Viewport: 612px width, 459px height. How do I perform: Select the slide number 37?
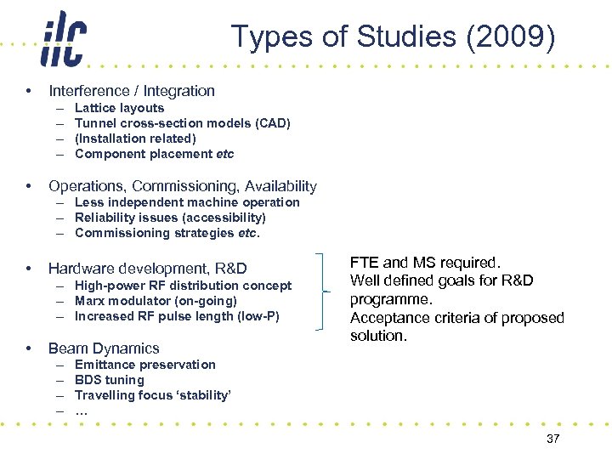click(553, 438)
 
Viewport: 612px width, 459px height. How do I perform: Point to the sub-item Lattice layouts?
click(119, 108)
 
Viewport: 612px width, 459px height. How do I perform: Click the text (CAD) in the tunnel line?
click(272, 123)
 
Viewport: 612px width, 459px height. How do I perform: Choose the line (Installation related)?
click(135, 139)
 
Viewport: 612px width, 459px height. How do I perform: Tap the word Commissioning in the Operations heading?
click(184, 185)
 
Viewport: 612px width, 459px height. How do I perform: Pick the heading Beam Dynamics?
click(104, 348)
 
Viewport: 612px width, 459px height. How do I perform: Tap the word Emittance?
click(105, 365)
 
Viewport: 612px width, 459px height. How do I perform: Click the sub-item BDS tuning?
click(110, 380)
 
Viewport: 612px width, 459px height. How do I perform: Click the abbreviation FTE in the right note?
click(365, 263)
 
